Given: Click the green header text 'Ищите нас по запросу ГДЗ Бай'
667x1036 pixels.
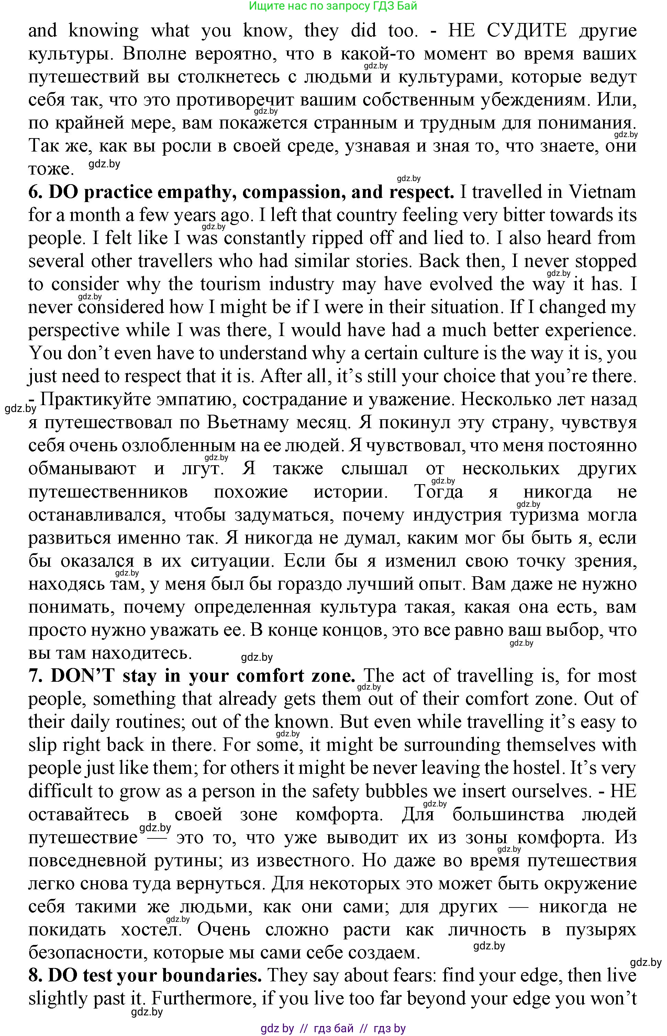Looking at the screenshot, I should tap(333, 6).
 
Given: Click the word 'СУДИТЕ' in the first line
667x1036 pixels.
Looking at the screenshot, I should tap(526, 31).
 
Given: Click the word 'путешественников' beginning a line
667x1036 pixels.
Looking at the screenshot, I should tap(108, 492).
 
